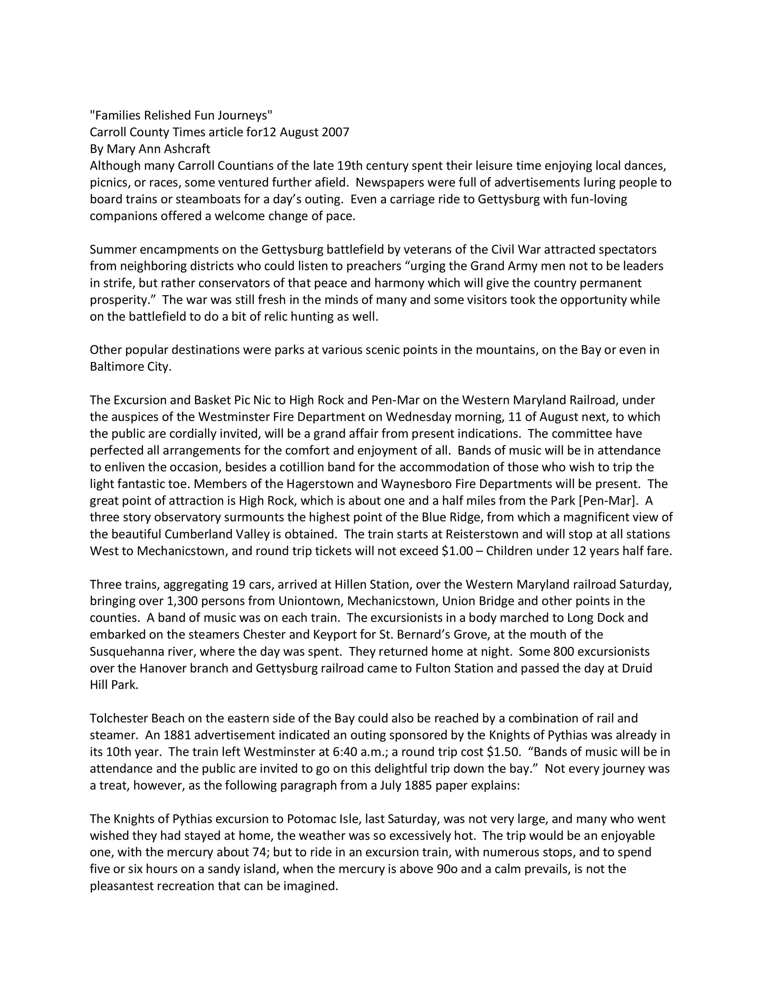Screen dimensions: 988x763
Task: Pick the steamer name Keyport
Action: click(x=334, y=635)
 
